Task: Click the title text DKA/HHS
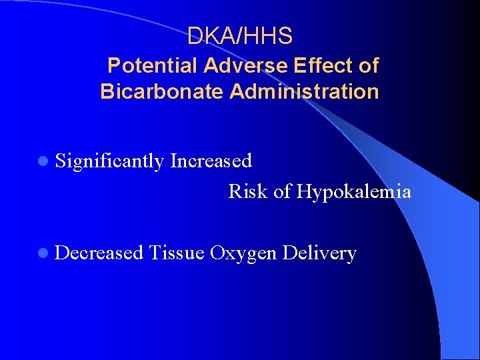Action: (240, 36)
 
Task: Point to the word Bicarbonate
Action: (162, 91)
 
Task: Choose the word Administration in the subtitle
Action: (304, 91)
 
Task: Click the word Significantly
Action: (110, 161)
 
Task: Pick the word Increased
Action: (211, 161)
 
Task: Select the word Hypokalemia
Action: (354, 192)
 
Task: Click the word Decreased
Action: (100, 253)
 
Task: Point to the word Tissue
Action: (177, 253)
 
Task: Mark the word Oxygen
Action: (243, 254)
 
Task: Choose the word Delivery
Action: (319, 254)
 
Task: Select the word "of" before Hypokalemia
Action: (283, 192)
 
